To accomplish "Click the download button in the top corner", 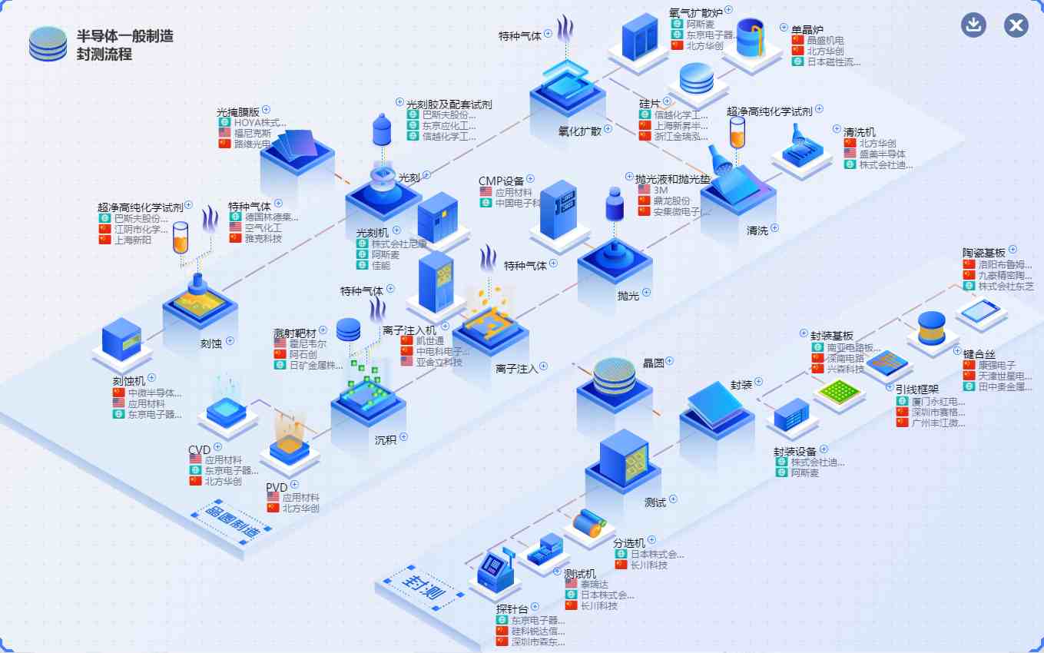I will pyautogui.click(x=974, y=25).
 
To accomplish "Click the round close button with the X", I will pyautogui.click(x=1016, y=25).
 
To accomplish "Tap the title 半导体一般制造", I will pyautogui.click(x=124, y=36).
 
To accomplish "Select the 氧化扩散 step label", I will pyautogui.click(x=580, y=131).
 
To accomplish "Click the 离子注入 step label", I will pyautogui.click(x=516, y=369).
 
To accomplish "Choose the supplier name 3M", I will pyautogui.click(x=661, y=190).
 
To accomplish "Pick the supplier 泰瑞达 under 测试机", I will pyautogui.click(x=594, y=584).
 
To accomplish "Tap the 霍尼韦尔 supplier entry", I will pyautogui.click(x=307, y=344).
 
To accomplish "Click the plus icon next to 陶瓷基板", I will pyautogui.click(x=1013, y=249).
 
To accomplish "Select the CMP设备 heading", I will pyautogui.click(x=501, y=181).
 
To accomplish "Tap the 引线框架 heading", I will pyautogui.click(x=917, y=389).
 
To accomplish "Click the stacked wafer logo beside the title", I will pyautogui.click(x=48, y=44).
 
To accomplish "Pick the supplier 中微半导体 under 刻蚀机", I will pyautogui.click(x=154, y=393).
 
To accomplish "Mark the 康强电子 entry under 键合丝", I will pyautogui.click(x=997, y=365).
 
